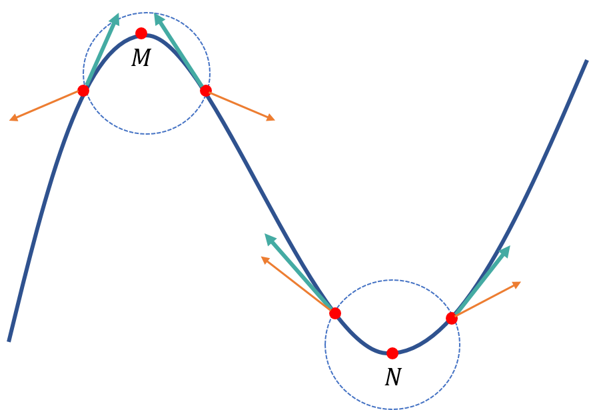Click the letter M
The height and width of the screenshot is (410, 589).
pos(141,59)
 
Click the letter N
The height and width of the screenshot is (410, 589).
pos(392,378)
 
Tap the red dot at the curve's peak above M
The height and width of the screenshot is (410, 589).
pos(141,33)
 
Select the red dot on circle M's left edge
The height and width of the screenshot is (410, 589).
pos(83,91)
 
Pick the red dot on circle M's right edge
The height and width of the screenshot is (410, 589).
pos(206,91)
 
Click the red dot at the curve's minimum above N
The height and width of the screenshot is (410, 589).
pos(392,353)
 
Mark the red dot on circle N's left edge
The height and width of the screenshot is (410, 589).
pos(335,313)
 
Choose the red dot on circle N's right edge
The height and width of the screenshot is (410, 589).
pos(452,318)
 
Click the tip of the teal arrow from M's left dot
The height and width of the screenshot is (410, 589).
pos(117,15)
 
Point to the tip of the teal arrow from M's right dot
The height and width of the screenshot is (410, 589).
pos(156,15)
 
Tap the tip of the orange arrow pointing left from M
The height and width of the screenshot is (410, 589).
pos(10,120)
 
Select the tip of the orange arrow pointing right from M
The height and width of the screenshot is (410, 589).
pos(275,120)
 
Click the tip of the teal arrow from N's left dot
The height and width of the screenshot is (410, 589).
pos(266,235)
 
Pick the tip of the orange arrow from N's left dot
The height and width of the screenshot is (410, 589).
pos(261,257)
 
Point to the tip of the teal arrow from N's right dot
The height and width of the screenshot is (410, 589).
pos(509,247)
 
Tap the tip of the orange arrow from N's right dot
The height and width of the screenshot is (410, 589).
pos(520,282)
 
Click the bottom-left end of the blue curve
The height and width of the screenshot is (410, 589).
pos(9,341)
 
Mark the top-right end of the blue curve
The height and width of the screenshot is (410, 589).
pos(586,61)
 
